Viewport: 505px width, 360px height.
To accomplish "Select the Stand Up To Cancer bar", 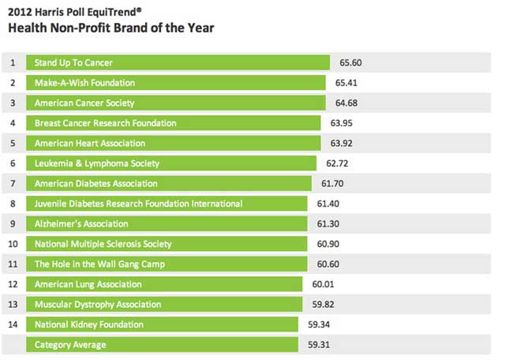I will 178,62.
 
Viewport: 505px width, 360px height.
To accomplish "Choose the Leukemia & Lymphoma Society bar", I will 171,163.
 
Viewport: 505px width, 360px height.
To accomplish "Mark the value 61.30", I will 330,224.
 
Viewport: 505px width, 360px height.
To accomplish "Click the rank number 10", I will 13,244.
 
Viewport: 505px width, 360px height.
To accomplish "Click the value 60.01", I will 324,284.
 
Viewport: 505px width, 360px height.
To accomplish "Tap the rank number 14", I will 13,324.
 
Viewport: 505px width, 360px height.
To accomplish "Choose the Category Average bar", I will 162,345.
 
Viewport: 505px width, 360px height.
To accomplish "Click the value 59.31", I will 320,345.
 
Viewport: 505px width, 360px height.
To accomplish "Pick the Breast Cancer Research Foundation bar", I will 173,123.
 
